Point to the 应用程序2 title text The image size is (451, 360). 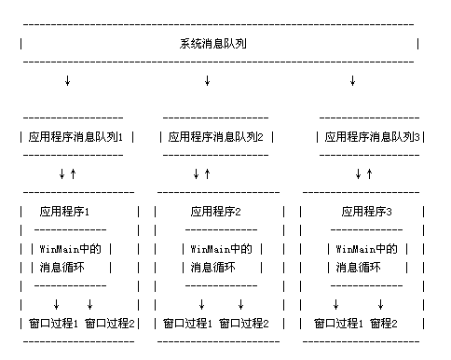click(x=216, y=212)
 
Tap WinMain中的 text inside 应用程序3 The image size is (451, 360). click(x=366, y=249)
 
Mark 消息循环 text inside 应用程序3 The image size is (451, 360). click(x=360, y=268)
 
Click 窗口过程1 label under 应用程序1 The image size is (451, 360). click(x=53, y=324)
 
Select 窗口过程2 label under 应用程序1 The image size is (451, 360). click(x=110, y=324)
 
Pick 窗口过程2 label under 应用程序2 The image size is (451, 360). click(x=243, y=324)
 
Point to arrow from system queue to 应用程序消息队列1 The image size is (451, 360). click(x=67, y=81)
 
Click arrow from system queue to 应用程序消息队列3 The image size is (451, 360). click(x=352, y=81)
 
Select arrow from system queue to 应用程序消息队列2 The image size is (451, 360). click(x=207, y=81)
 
